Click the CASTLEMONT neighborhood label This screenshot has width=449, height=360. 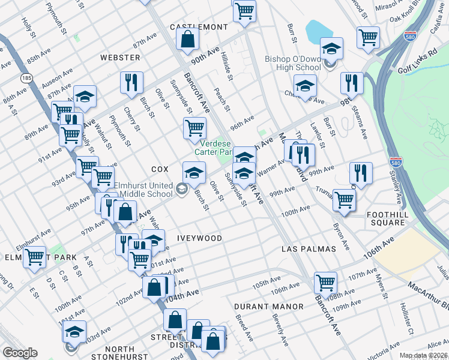pyautogui.click(x=199, y=28)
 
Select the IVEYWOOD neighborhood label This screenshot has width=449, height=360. pyautogui.click(x=199, y=238)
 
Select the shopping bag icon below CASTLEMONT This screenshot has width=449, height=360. pyautogui.click(x=188, y=41)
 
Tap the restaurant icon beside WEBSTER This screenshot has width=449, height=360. pyautogui.click(x=131, y=83)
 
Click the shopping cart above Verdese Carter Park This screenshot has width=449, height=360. pyautogui.click(x=194, y=128)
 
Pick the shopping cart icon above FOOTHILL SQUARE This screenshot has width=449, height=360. pyautogui.click(x=344, y=200)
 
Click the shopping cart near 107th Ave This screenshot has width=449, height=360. pyautogui.click(x=325, y=282)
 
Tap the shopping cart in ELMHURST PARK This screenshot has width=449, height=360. pyautogui.click(x=34, y=257)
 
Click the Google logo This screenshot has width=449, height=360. pyautogui.click(x=20, y=353)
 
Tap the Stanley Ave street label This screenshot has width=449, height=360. pyautogui.click(x=397, y=187)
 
